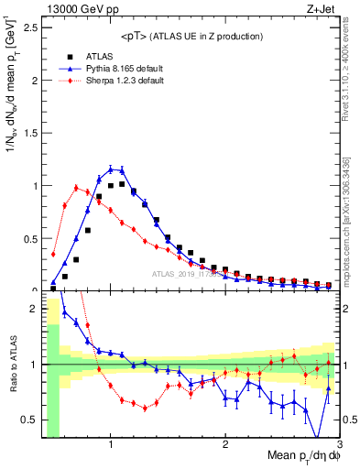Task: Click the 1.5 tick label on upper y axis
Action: coord(30,133)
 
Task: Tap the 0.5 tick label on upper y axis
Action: coord(30,238)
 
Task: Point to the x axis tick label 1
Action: coord(111,443)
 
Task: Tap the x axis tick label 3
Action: coord(339,443)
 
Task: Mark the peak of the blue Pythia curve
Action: coord(111,169)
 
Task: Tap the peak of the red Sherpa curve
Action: coord(76,187)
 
